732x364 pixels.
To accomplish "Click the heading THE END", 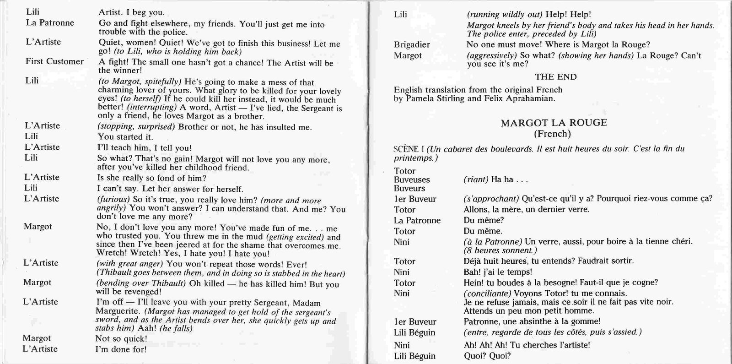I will (555, 77).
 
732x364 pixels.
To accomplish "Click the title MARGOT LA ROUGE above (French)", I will (554, 123).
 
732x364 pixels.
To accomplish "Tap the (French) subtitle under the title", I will (553, 134).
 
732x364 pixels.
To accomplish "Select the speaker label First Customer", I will (54, 61).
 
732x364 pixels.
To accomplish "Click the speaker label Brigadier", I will (412, 45).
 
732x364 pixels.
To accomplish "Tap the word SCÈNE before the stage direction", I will (406, 149).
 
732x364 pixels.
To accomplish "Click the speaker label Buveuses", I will (412, 179).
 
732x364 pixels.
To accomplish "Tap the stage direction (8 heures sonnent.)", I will (500, 250).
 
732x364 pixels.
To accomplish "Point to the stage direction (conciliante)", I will (487, 293).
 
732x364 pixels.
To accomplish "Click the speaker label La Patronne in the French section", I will (417, 221).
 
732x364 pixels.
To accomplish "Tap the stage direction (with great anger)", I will (129, 264).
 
